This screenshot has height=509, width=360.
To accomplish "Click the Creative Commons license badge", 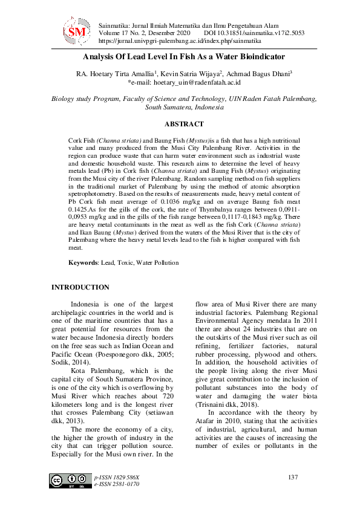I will [x=66, y=481].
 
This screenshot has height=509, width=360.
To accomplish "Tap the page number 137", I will [x=293, y=478].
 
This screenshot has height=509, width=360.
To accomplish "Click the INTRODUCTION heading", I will [x=80, y=287].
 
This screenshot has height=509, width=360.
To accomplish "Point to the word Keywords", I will [x=83, y=263].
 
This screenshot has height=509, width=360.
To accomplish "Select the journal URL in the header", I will [x=179, y=41].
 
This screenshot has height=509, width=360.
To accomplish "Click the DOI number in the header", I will [x=263, y=33].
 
